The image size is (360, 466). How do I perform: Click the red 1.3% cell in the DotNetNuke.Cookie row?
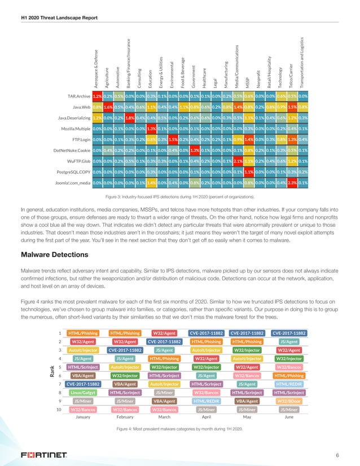click(x=195, y=150)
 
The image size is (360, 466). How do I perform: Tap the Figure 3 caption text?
click(x=179, y=196)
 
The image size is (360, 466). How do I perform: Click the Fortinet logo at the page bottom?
click(x=45, y=454)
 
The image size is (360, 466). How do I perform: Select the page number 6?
click(x=336, y=455)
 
